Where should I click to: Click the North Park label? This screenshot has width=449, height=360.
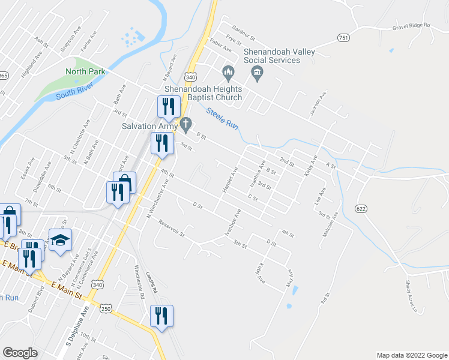point(85,71)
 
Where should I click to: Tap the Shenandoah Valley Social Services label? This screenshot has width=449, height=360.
point(279,56)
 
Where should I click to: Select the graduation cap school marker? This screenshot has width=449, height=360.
point(60,240)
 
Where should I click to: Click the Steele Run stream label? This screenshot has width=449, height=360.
point(223,118)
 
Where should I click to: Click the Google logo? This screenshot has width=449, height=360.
point(20,353)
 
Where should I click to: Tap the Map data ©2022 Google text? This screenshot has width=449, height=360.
point(411,355)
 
